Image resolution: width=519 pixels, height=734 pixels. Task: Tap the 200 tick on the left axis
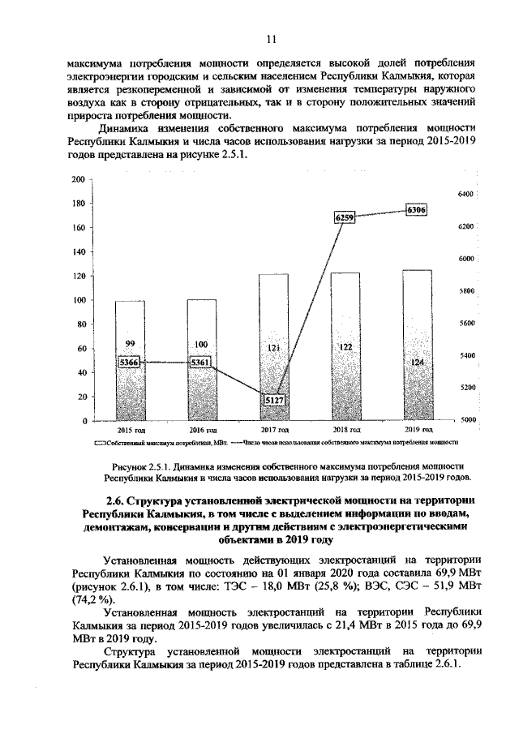(x=77, y=179)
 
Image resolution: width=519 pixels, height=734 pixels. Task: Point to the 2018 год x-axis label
(x=345, y=429)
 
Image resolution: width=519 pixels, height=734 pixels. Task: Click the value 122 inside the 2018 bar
(x=345, y=347)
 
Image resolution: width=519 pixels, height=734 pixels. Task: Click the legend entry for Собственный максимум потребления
(x=158, y=443)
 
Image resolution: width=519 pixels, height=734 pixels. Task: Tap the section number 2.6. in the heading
(x=118, y=500)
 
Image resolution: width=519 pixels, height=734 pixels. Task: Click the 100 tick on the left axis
(x=77, y=301)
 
